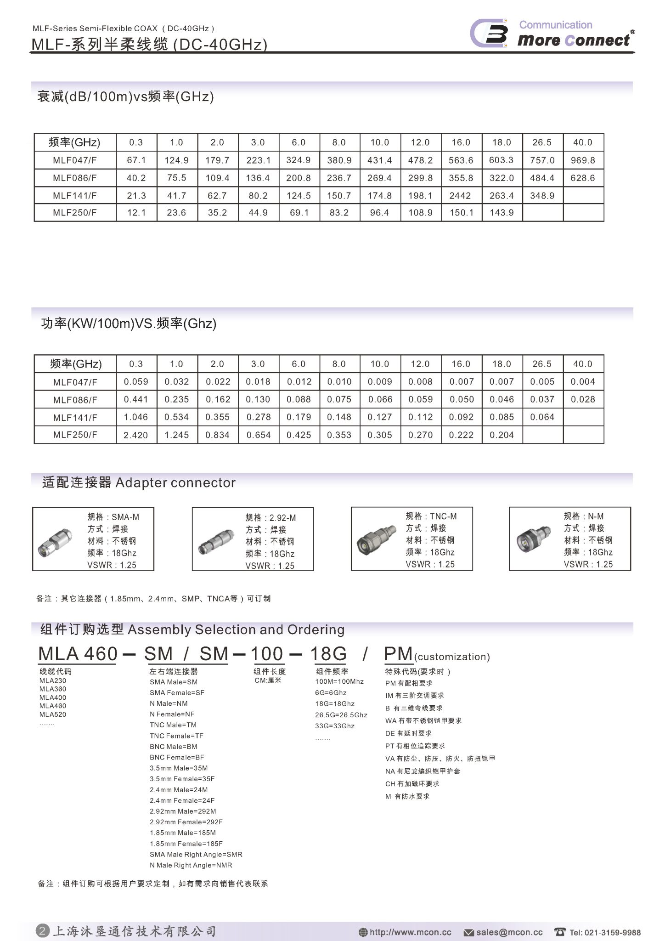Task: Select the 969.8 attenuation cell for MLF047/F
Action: coord(583,160)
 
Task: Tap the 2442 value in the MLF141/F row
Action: coord(460,196)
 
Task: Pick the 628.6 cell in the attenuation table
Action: coord(583,178)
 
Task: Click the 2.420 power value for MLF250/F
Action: coord(136,435)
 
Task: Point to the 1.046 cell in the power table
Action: coord(136,417)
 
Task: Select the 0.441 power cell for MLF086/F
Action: coord(136,400)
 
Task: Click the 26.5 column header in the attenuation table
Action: coord(542,142)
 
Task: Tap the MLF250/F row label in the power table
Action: coord(75,435)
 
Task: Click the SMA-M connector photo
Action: coord(54,542)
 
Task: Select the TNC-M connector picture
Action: coord(376,539)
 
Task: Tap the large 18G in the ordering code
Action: coord(328,653)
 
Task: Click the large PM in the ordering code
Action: coord(398,653)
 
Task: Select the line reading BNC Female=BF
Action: coord(177,757)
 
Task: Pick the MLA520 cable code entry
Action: coord(53,714)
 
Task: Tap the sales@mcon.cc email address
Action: coord(509,932)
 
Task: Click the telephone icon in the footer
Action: coord(560,932)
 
